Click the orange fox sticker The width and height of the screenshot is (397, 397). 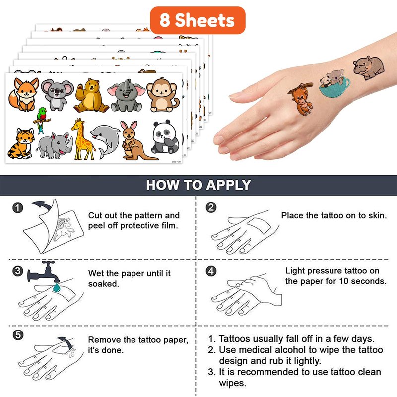point(23,94)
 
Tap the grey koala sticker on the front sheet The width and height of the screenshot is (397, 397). point(57,95)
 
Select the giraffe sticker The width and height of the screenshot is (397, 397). point(82,139)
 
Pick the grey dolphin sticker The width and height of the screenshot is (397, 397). point(105,141)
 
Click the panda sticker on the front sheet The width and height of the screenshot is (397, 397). point(165,137)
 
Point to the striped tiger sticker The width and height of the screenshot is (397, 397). point(21,143)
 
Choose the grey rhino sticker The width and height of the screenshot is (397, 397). point(55,145)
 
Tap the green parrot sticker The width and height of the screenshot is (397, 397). point(42,120)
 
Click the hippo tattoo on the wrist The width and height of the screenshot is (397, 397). point(369,67)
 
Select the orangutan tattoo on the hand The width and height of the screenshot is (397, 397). point(302,99)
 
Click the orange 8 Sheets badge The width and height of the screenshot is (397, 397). point(198,20)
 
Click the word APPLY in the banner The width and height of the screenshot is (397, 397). point(228,185)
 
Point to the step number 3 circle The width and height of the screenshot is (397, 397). point(18,271)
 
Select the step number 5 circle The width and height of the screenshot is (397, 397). point(18,335)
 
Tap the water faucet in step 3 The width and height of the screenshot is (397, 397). point(43,272)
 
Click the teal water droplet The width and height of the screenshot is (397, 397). point(57,288)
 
